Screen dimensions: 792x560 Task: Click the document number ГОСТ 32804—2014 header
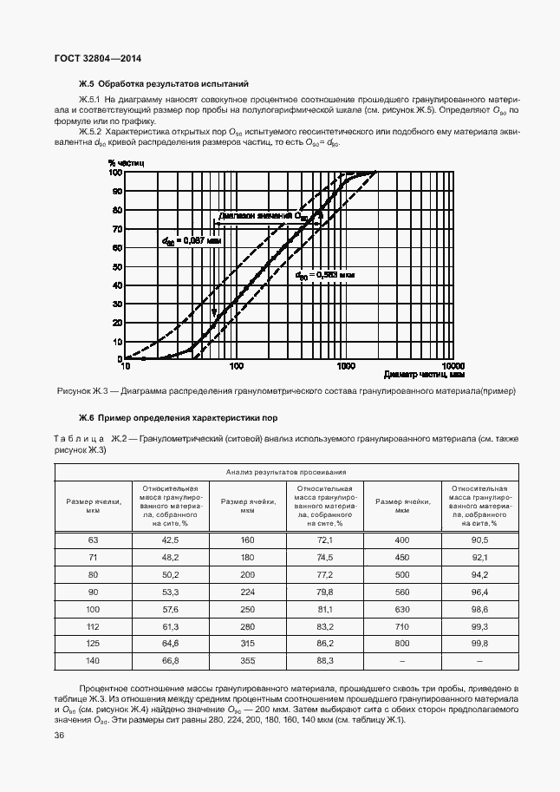(x=97, y=58)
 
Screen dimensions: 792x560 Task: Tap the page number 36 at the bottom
(x=60, y=736)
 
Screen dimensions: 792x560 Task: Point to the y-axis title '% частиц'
(x=120, y=162)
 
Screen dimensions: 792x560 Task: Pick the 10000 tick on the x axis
(x=452, y=366)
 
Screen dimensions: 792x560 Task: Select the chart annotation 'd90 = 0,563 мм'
(x=325, y=274)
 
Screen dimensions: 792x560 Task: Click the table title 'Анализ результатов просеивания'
(x=286, y=472)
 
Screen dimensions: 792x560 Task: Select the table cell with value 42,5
(x=169, y=540)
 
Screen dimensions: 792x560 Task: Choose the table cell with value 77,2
(x=324, y=574)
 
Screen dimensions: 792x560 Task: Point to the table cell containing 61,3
(x=169, y=626)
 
